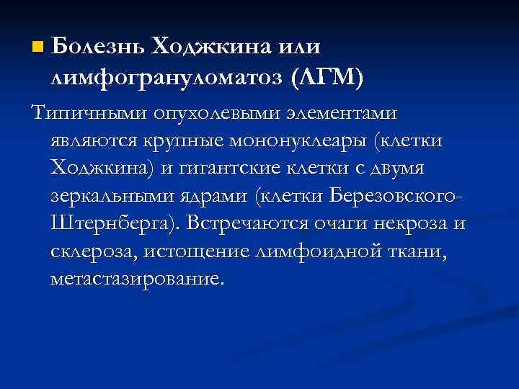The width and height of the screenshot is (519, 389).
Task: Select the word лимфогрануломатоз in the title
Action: point(166,76)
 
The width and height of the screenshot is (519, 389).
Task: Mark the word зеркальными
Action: point(113,195)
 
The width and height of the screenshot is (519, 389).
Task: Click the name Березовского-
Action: point(395,195)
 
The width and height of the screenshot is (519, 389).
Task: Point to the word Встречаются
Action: point(247,223)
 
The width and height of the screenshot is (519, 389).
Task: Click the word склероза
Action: point(94,250)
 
